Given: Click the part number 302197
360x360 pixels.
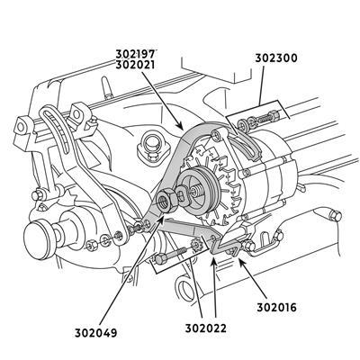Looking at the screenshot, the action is click(x=135, y=54).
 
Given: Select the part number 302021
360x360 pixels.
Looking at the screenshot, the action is click(x=135, y=65).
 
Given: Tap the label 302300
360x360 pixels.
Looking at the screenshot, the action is click(x=276, y=58).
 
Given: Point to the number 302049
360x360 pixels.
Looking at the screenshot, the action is click(x=95, y=333).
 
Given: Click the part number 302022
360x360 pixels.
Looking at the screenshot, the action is click(x=205, y=328).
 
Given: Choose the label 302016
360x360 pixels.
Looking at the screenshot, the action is click(x=276, y=308).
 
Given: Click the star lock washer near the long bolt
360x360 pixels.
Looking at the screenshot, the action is click(x=196, y=245).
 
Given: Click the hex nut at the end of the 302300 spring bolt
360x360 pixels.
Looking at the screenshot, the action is click(x=274, y=115).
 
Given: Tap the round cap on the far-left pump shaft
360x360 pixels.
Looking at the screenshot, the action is click(x=36, y=239).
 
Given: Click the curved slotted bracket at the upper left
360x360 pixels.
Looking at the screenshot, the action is click(x=57, y=128).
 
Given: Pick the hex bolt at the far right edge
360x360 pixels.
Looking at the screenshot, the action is click(x=335, y=215).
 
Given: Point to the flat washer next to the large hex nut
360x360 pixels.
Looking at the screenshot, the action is click(x=183, y=196).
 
